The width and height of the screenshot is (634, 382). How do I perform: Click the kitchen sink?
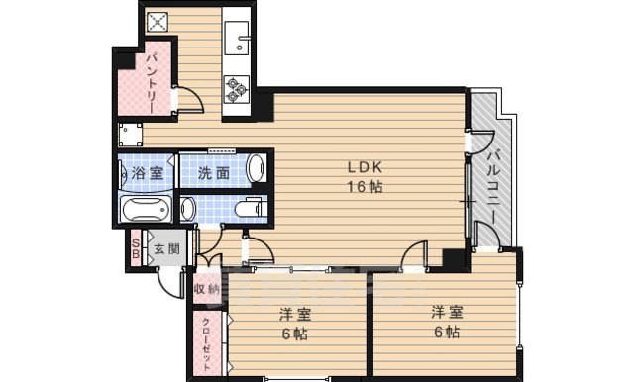pos(239,42)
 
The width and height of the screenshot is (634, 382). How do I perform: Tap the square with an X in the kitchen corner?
pos(157,21)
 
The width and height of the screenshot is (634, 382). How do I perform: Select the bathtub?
pos(147,210)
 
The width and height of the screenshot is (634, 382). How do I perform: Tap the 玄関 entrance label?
pos(165,248)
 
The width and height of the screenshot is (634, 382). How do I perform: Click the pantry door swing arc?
pos(185,100)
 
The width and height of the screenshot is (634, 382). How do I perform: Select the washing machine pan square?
pos(129,135)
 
